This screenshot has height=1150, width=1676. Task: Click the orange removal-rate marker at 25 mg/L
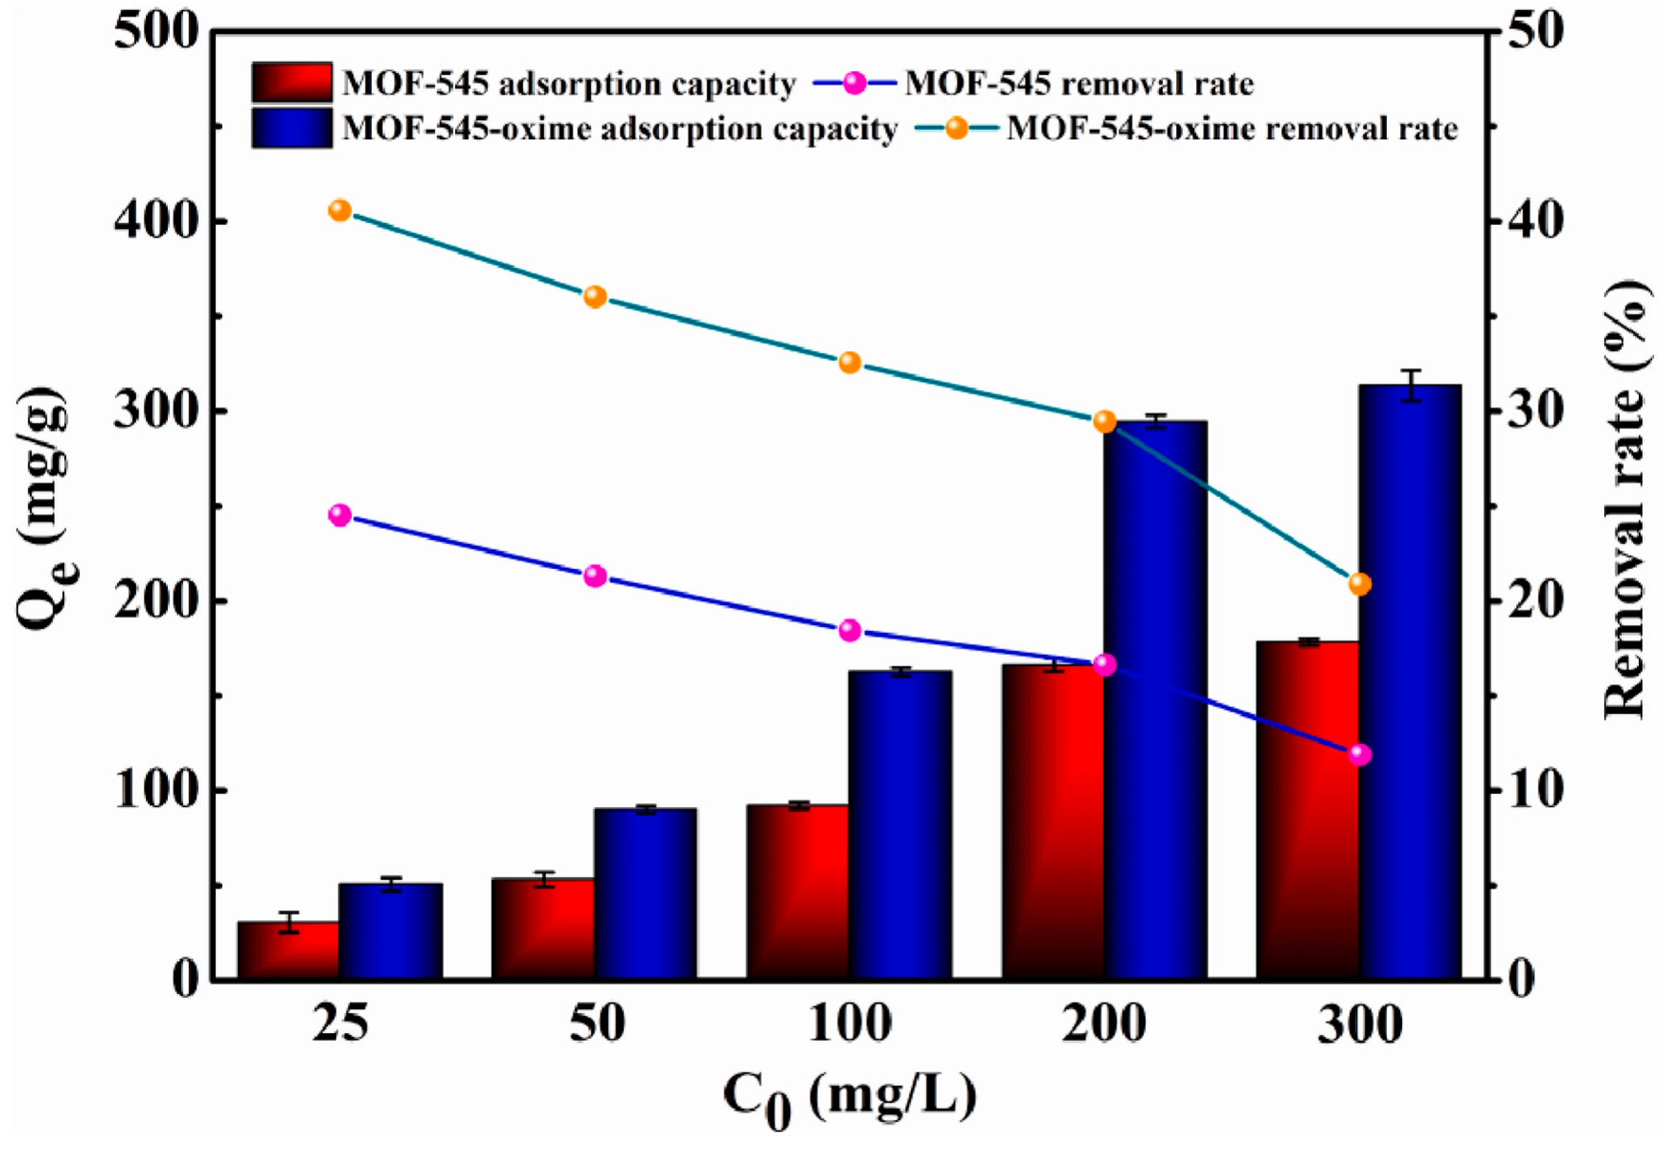(x=340, y=211)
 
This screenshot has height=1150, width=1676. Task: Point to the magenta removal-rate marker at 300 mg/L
(x=1359, y=755)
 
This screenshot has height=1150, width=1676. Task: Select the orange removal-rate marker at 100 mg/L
(x=850, y=362)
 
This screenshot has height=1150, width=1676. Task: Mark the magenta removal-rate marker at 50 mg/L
(x=595, y=575)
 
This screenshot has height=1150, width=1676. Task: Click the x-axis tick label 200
(x=1103, y=1024)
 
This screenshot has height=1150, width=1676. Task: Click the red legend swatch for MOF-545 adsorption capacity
(x=292, y=82)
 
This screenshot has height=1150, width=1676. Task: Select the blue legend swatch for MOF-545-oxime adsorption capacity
(x=292, y=128)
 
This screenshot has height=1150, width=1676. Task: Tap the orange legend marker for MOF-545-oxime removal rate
(x=957, y=128)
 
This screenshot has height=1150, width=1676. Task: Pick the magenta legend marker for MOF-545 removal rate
(x=855, y=83)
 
